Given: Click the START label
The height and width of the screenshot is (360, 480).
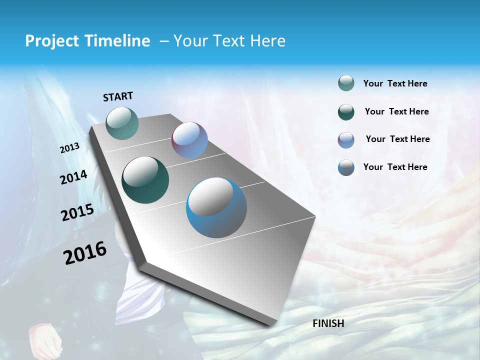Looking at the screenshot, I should (x=118, y=96).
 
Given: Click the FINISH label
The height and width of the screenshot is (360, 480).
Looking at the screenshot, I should (x=328, y=323).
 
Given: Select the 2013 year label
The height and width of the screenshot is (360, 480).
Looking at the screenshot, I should (x=69, y=148).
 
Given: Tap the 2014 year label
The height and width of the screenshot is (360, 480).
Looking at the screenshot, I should (x=73, y=177).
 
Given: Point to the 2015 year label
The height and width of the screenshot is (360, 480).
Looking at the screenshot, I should (x=77, y=212).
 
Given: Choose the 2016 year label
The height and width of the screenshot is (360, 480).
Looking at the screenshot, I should (x=85, y=252).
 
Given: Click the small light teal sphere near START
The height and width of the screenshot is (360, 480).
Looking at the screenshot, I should (x=122, y=123).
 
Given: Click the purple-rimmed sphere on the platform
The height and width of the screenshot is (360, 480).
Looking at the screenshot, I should (x=189, y=139).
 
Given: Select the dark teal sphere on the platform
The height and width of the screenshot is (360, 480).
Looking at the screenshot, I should (x=145, y=180).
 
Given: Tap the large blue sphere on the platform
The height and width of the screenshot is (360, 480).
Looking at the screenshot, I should (x=216, y=207).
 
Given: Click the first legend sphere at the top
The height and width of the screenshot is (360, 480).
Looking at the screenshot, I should (x=346, y=83).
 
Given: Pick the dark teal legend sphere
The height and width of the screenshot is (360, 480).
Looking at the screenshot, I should (x=346, y=112).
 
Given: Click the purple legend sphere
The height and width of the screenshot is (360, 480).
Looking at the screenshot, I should (x=346, y=140).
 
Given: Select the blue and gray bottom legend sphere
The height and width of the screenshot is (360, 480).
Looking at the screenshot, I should (x=346, y=167).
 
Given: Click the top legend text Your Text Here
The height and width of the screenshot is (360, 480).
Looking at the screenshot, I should (x=395, y=83).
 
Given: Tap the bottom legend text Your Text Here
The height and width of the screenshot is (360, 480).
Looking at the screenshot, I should (x=395, y=167).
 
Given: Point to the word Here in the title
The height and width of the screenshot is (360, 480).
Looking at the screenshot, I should (x=267, y=41).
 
